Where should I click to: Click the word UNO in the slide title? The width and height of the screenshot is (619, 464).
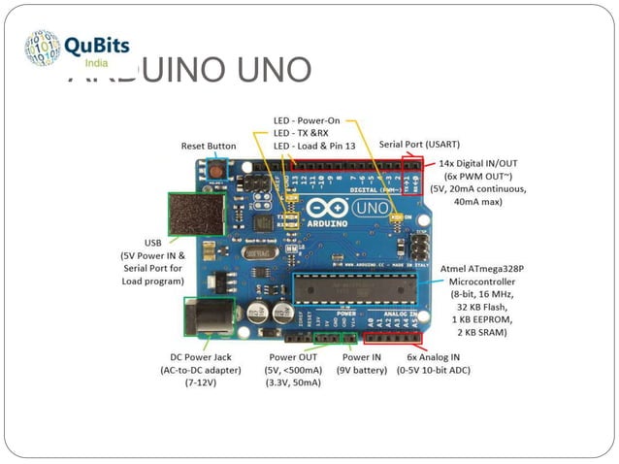(x=275, y=71)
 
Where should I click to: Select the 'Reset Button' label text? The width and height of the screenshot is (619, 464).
(x=209, y=147)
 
